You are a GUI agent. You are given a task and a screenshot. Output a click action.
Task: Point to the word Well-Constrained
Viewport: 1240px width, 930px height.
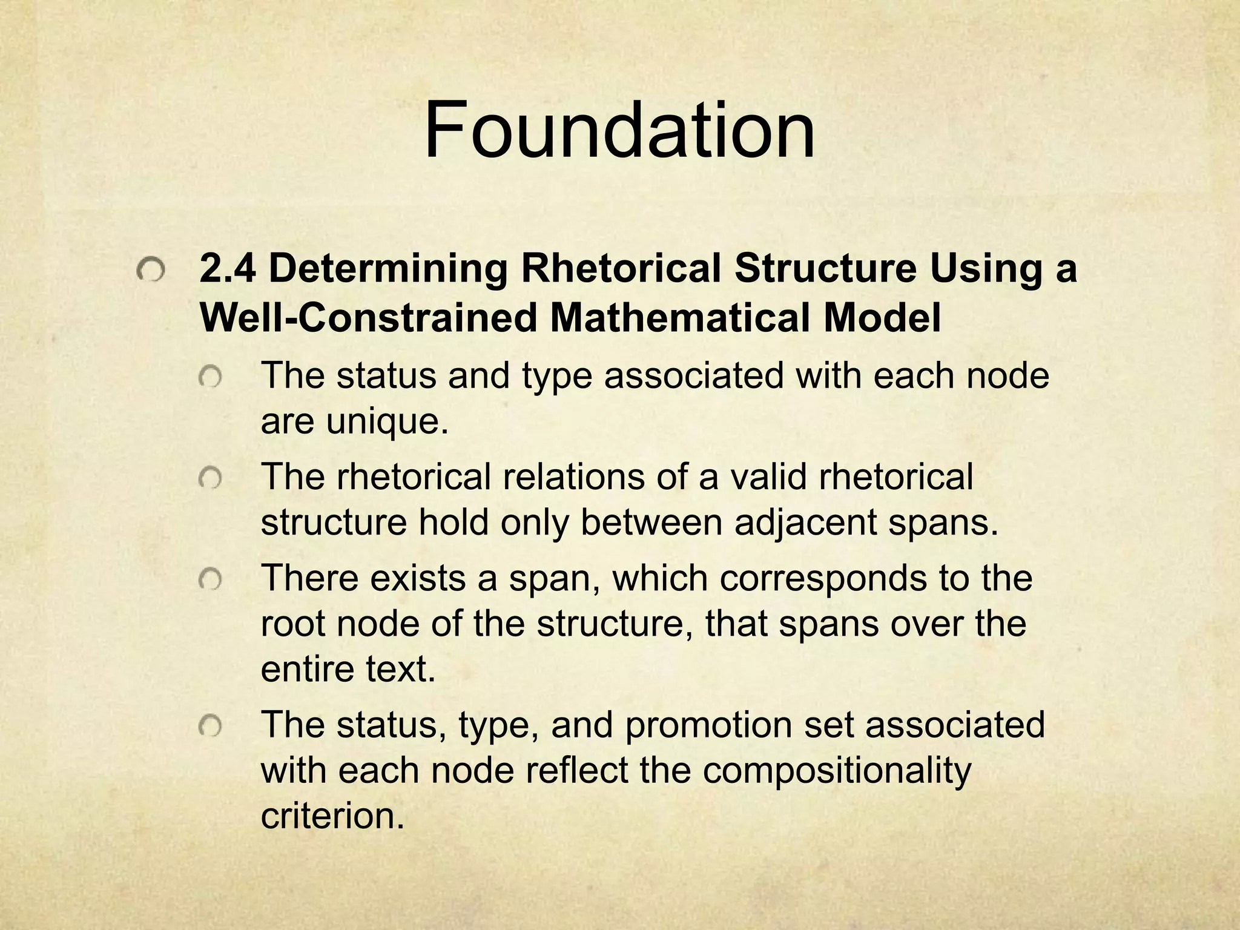(369, 318)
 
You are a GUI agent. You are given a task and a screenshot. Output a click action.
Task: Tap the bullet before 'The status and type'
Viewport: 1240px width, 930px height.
(211, 379)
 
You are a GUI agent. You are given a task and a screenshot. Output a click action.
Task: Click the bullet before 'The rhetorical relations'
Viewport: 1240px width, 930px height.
(211, 480)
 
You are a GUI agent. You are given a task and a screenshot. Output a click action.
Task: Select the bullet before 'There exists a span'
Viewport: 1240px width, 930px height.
(211, 581)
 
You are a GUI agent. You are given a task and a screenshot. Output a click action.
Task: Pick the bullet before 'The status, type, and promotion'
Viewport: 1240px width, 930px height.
(211, 727)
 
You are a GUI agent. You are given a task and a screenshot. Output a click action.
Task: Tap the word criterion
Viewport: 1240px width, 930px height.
(332, 816)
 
